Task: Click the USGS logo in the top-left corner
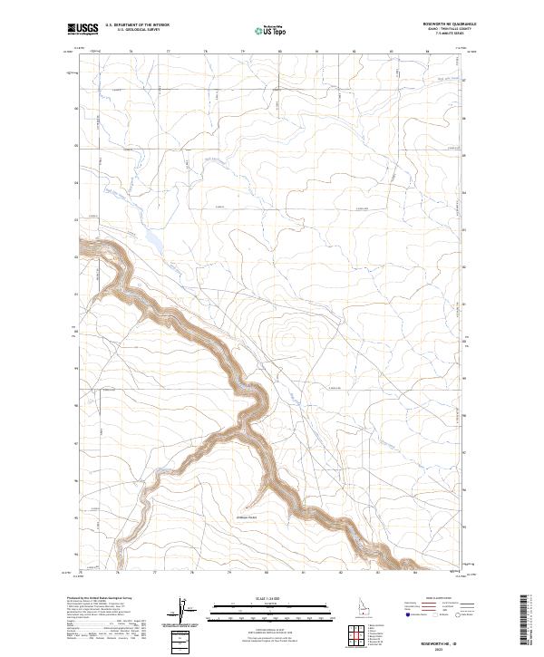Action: [x=83, y=30]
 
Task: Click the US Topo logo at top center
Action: [x=271, y=31]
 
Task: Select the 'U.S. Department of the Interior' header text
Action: [x=137, y=26]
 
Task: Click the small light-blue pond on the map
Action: [x=152, y=243]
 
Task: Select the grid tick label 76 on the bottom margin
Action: [x=118, y=575]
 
